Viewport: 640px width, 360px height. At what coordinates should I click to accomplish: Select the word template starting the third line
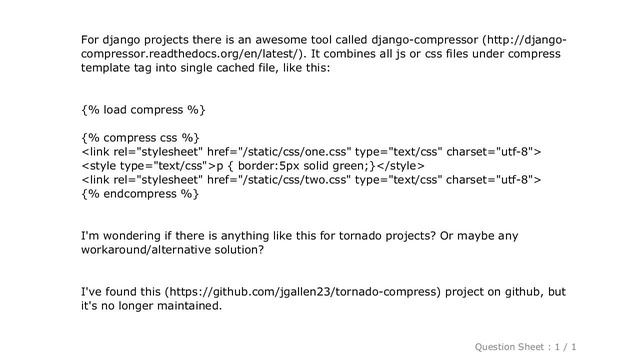coord(109,72)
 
